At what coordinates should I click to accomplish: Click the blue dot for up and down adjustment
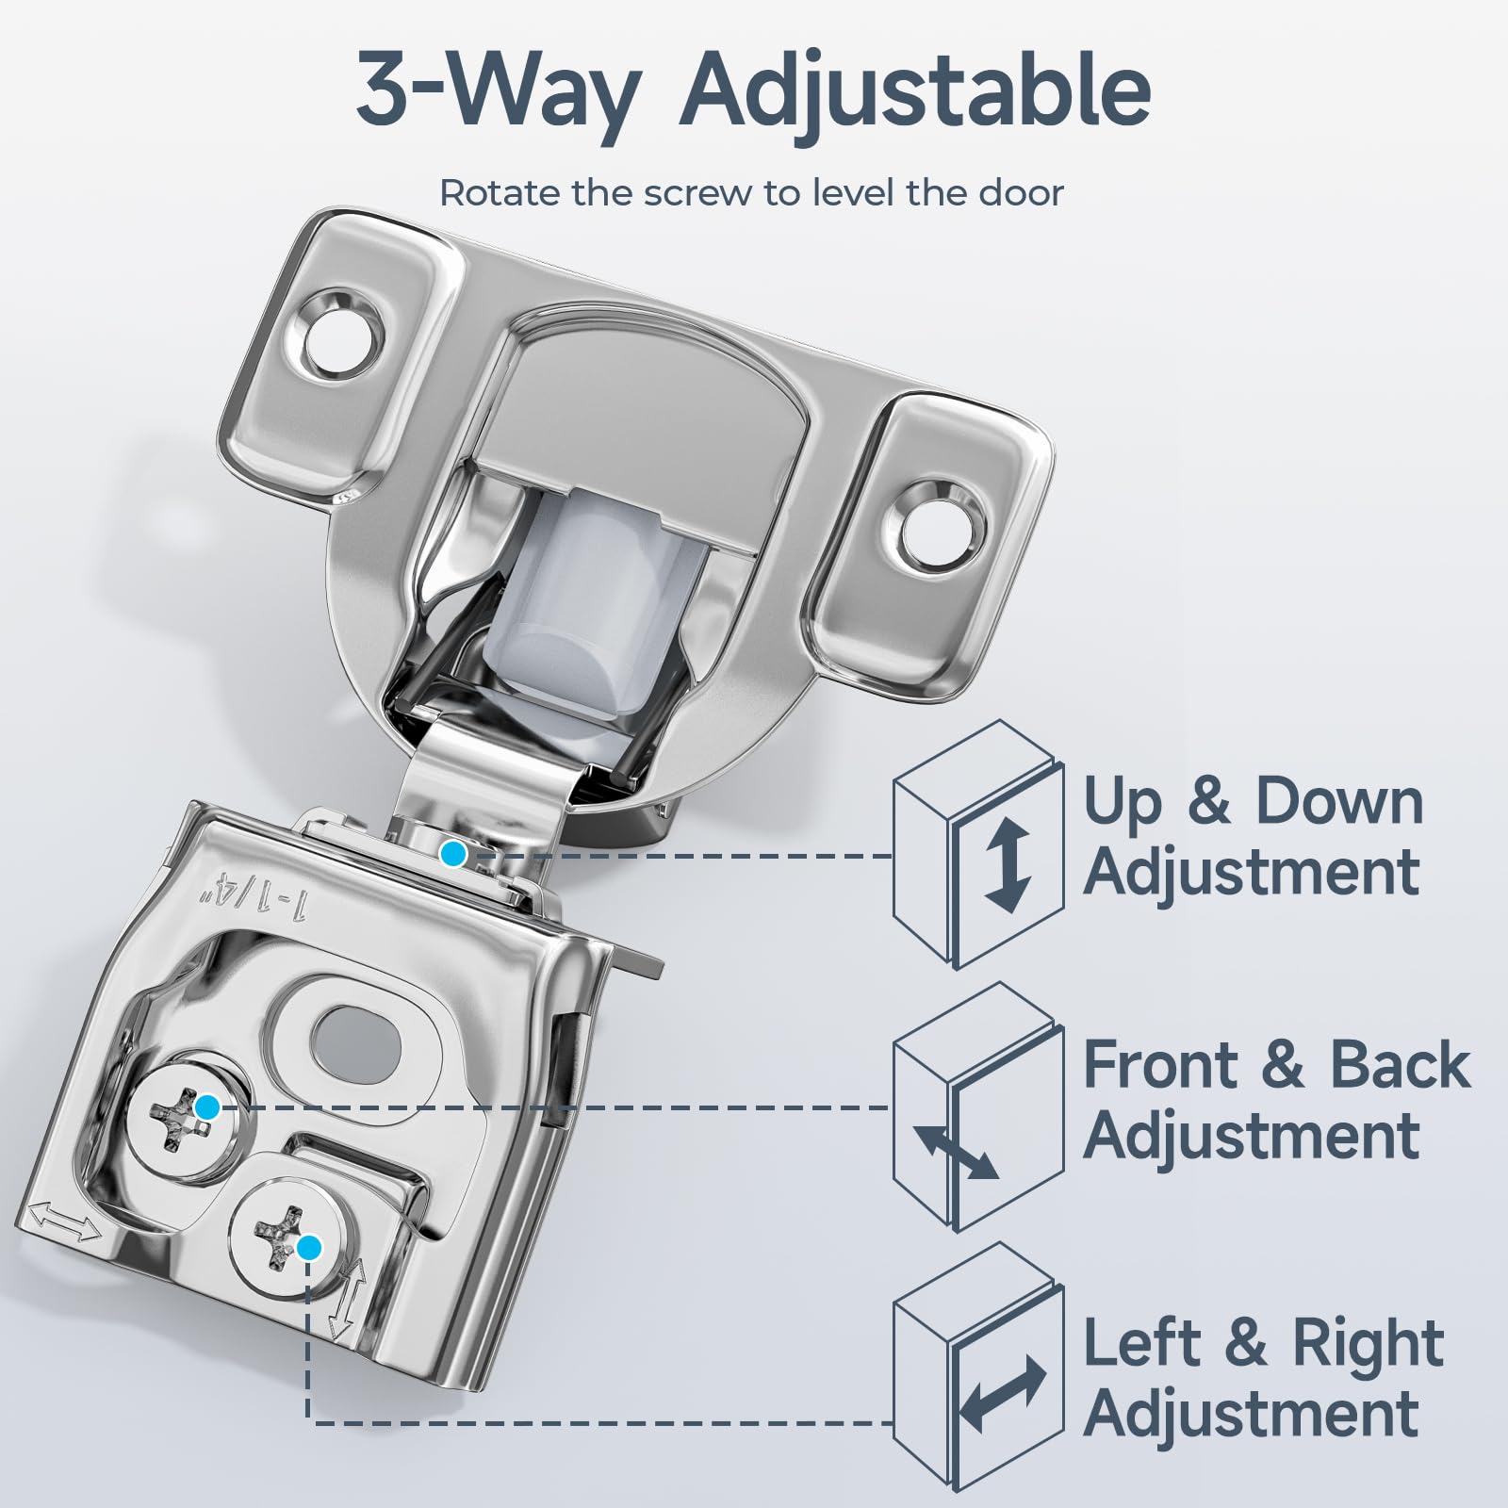(454, 855)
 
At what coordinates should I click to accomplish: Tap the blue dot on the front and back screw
(206, 1107)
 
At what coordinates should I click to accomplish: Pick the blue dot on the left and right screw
(308, 1248)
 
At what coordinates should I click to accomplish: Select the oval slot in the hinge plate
(355, 1040)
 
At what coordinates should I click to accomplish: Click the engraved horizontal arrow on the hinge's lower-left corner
(63, 1224)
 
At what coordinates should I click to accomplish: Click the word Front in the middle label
(1161, 1065)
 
